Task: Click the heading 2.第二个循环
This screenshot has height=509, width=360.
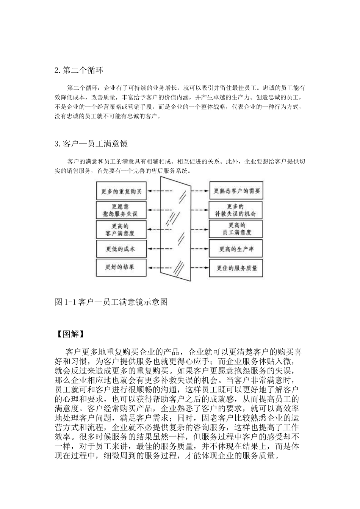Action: tap(78, 70)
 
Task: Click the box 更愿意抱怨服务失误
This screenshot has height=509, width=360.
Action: tap(121, 210)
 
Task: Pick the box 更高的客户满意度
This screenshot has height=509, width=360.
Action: tap(121, 230)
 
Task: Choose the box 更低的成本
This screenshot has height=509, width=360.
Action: tap(121, 249)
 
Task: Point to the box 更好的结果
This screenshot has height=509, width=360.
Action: tap(121, 267)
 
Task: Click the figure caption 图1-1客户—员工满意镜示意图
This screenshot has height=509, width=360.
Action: tap(111, 302)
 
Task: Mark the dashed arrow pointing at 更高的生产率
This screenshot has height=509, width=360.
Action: tap(199, 249)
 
